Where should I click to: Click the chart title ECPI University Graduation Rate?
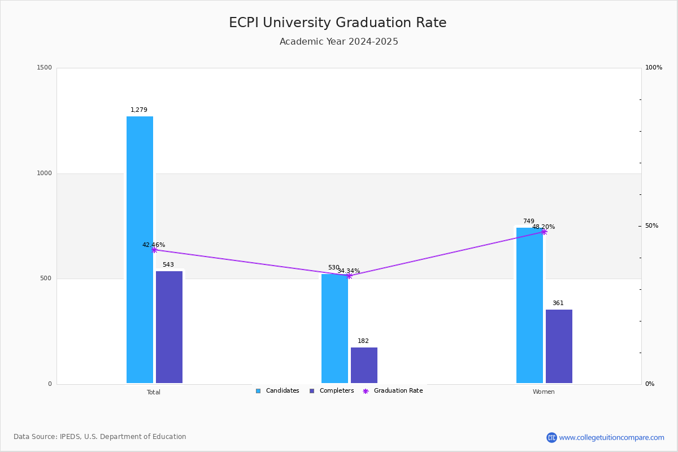(x=337, y=23)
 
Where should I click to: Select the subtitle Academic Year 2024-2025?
(x=338, y=42)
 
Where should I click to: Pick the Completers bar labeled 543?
(x=169, y=327)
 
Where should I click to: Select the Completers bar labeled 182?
(x=364, y=365)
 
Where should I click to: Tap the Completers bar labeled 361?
(x=559, y=346)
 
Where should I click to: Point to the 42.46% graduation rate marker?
(x=154, y=250)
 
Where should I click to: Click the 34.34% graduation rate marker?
(x=349, y=276)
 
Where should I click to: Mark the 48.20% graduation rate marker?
(x=544, y=232)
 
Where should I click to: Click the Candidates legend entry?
(x=277, y=391)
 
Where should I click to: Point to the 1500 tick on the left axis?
(x=45, y=68)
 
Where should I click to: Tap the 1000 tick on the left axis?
(x=45, y=173)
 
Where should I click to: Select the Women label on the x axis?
(x=544, y=392)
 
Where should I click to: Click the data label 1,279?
(x=139, y=110)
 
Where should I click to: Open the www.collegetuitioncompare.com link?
(x=611, y=437)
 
